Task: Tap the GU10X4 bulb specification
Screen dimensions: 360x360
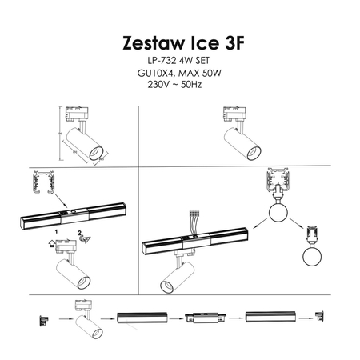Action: pos(155,73)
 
